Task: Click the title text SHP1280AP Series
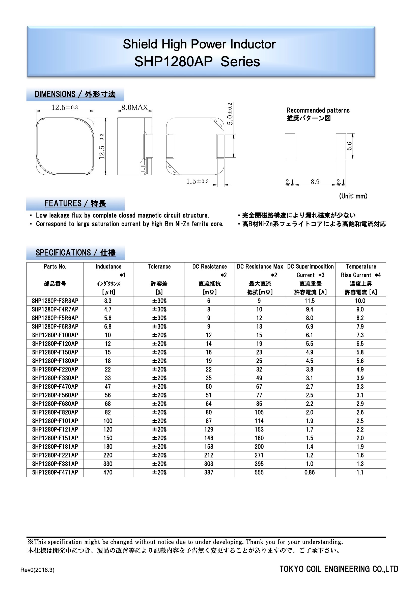click(x=197, y=62)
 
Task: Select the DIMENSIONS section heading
click(x=75, y=94)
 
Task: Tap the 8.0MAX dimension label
click(x=135, y=108)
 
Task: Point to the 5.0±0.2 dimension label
click(x=230, y=114)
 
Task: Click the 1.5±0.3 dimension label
click(x=197, y=181)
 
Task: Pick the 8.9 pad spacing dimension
click(x=315, y=182)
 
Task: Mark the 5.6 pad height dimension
click(x=349, y=146)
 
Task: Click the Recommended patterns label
click(x=318, y=111)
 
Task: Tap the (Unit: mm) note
click(x=353, y=196)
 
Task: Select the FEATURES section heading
click(x=75, y=203)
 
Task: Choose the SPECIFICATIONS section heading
click(x=75, y=253)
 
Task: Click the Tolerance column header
click(x=159, y=266)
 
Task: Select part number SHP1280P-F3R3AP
click(x=55, y=301)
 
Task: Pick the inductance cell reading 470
click(x=108, y=472)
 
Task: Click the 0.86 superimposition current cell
click(x=310, y=472)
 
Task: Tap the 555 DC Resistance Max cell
click(x=259, y=472)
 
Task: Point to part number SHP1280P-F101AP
click(x=55, y=421)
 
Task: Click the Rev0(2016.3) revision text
click(x=38, y=570)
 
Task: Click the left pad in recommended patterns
click(x=290, y=146)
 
